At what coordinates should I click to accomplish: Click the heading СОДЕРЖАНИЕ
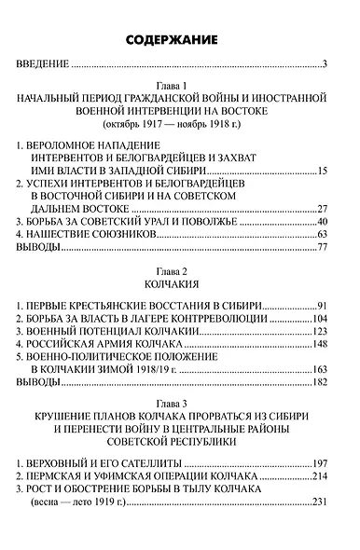[180, 40]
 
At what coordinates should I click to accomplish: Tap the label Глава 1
[180, 84]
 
